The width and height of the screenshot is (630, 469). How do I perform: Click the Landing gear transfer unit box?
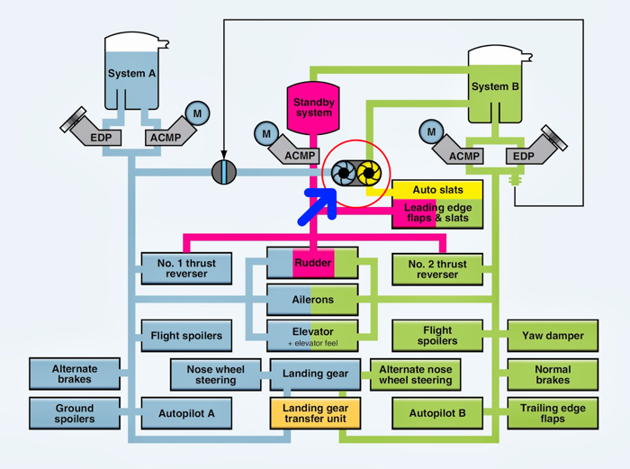[315, 413]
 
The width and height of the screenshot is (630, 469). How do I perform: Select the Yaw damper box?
[553, 336]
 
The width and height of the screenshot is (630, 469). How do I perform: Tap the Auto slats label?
[437, 190]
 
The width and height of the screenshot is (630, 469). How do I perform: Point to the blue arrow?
[318, 206]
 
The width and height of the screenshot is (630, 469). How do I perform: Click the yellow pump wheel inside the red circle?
[368, 173]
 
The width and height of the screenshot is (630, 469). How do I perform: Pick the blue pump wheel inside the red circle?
[344, 173]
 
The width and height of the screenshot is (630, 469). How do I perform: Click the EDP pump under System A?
[91, 129]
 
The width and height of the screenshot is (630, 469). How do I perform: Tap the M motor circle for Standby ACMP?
[266, 134]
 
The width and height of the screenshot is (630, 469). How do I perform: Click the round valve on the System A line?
[224, 172]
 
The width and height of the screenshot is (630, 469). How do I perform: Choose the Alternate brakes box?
[75, 374]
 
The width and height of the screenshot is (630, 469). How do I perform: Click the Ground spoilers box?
[75, 413]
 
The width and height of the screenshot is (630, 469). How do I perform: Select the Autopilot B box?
[437, 413]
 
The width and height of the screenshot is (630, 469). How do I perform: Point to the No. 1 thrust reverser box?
[186, 268]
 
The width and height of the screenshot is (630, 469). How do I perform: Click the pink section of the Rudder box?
[313, 263]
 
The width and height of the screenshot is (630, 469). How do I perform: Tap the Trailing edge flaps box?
[553, 413]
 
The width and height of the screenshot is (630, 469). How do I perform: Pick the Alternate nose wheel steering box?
[415, 374]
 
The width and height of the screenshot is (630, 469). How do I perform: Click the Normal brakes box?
[553, 374]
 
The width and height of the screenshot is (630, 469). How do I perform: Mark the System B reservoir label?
[495, 86]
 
